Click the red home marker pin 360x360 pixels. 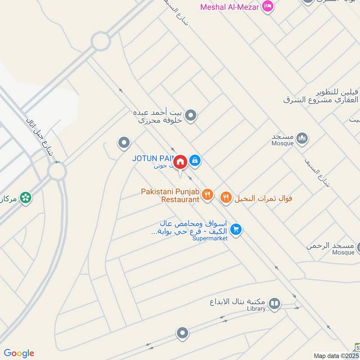click(180, 162)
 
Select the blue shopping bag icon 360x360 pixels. click(195, 160)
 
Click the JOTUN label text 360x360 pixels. click(151, 158)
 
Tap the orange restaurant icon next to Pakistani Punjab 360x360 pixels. click(207, 195)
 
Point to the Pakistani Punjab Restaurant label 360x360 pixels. click(170, 195)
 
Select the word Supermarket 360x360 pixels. click(210, 238)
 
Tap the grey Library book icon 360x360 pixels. click(274, 305)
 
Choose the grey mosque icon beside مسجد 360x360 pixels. click(302, 138)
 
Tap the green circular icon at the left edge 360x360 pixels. click(26, 197)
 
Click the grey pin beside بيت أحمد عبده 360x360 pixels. click(191, 116)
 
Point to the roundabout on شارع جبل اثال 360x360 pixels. click(57, 171)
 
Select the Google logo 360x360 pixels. click(18, 353)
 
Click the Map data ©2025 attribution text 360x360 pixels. click(336, 355)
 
